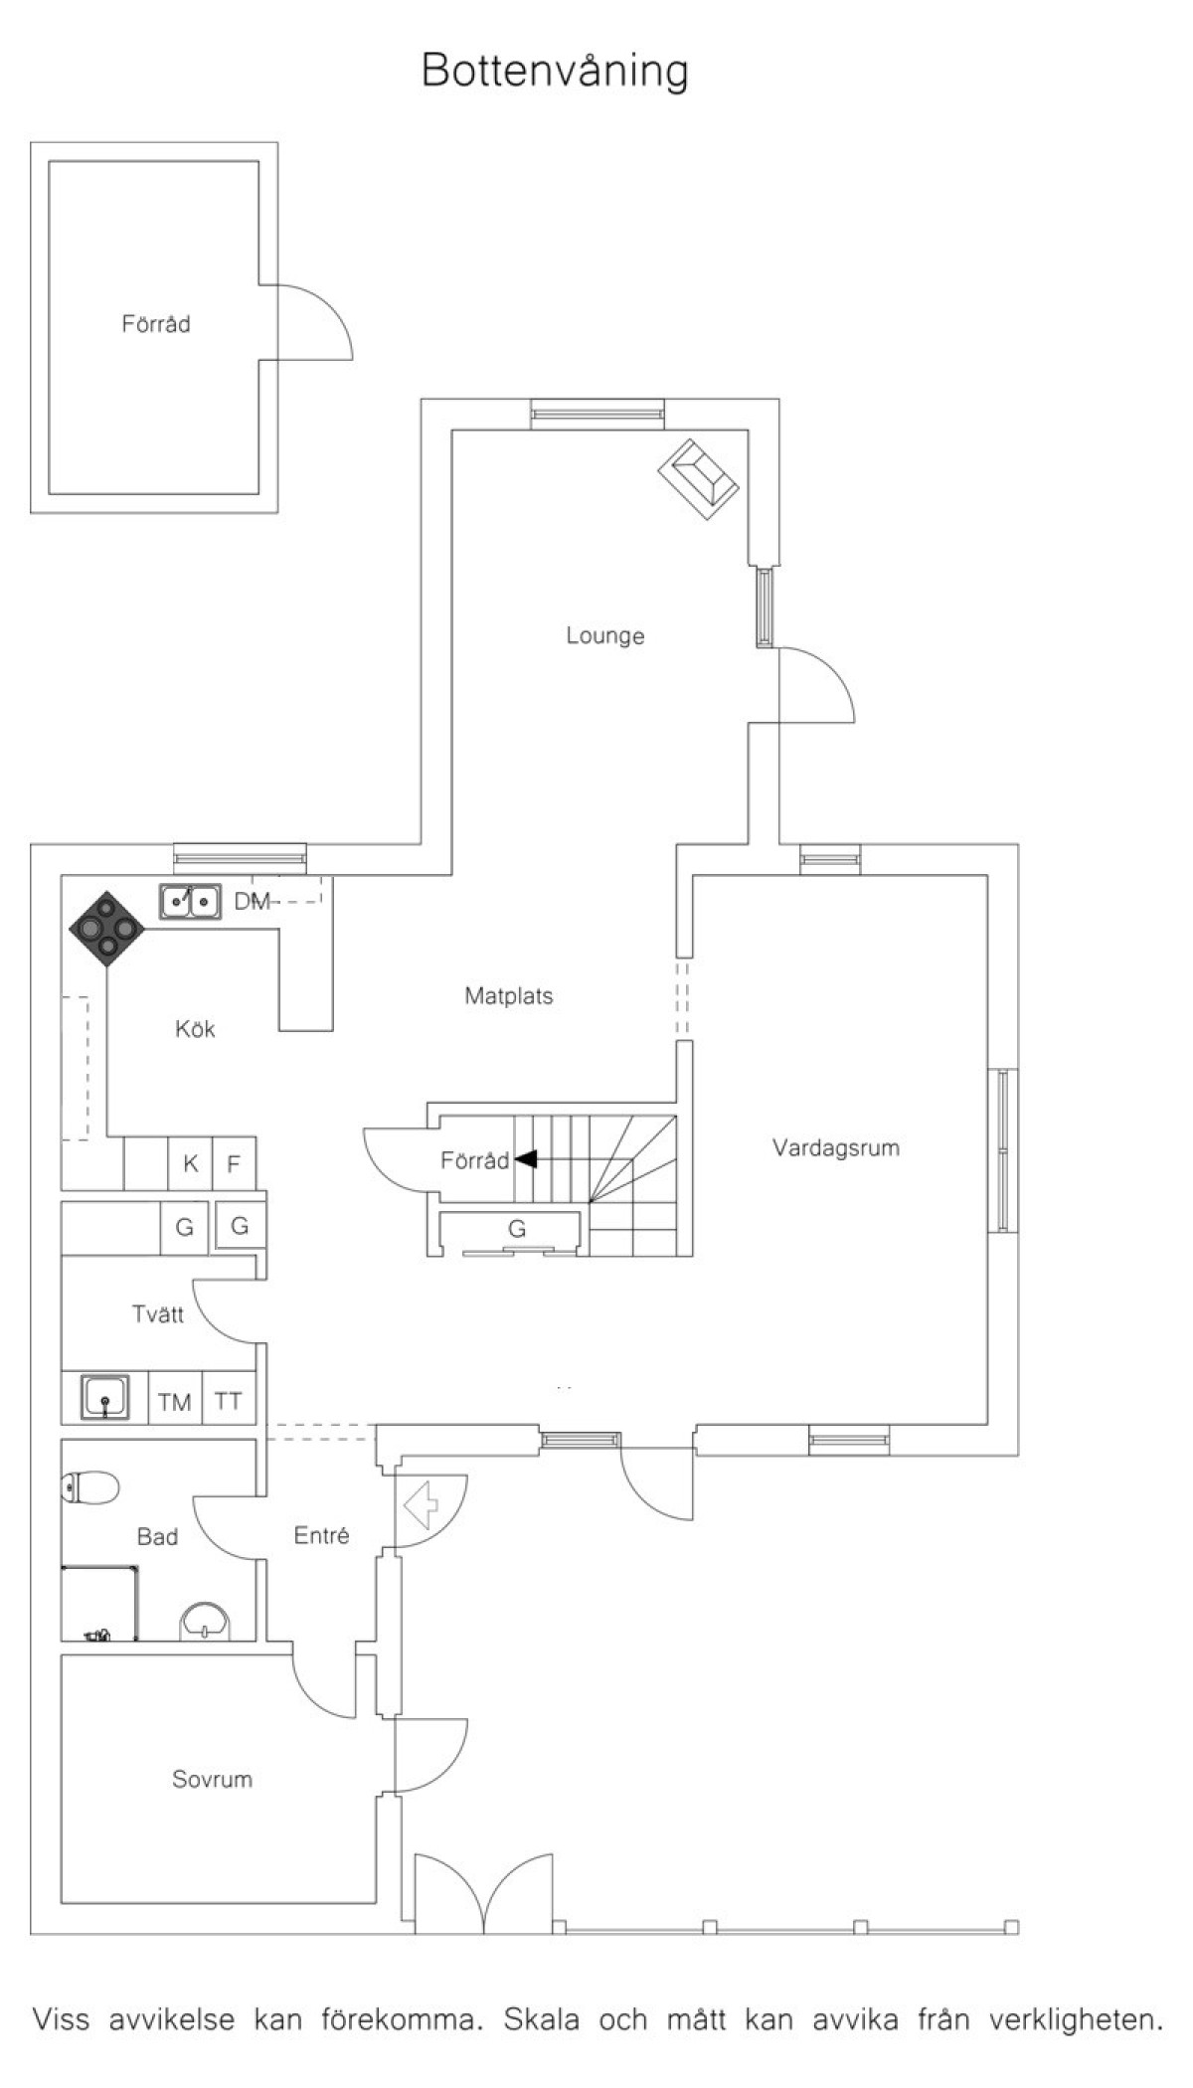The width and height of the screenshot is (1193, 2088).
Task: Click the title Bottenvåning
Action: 555,72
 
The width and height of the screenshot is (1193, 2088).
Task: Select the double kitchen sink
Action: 190,902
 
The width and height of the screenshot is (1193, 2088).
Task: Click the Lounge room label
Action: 605,635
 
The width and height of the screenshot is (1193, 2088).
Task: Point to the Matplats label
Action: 509,995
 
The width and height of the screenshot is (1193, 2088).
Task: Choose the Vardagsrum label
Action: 836,1148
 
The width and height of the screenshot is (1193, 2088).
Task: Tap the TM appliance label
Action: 174,1402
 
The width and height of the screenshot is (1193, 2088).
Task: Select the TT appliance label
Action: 229,1401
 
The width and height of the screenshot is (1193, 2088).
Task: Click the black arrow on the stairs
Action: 525,1158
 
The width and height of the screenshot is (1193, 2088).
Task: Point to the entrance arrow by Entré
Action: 422,1504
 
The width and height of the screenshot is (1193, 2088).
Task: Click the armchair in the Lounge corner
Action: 698,478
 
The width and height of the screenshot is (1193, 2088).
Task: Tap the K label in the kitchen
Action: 191,1163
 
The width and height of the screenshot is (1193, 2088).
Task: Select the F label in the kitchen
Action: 234,1163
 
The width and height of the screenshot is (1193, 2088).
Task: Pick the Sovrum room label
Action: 212,1779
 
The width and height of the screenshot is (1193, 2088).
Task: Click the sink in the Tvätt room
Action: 104,1396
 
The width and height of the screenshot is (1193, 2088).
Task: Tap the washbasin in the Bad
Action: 204,1621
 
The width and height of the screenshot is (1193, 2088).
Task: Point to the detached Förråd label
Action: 156,324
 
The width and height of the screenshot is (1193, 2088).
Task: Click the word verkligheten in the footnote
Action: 1076,2019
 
